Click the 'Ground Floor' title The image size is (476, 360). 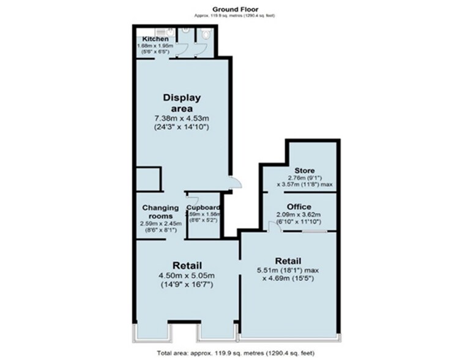click(x=235, y=8)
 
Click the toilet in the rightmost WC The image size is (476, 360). click(x=206, y=35)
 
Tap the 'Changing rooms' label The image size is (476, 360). click(x=160, y=212)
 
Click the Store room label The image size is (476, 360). click(x=304, y=170)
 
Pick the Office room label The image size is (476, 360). click(x=299, y=207)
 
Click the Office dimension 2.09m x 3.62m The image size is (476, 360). click(x=299, y=216)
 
